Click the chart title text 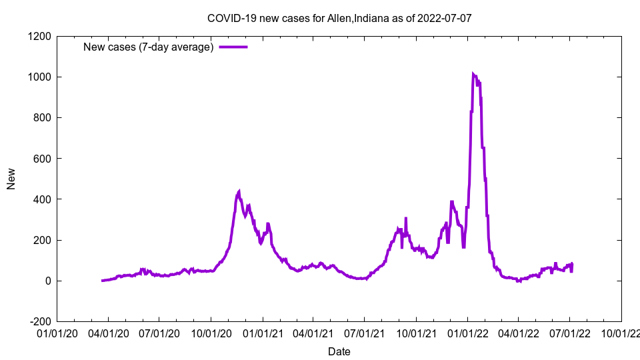coord(339,18)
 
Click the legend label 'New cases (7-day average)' coord(148,47)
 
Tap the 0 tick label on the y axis coord(48,281)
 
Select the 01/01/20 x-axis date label coord(57,333)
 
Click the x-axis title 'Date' coord(339,351)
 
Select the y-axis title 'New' coord(11,179)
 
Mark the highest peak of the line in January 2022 coord(473,74)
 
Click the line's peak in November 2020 coord(239,191)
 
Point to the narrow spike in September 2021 coord(405,218)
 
